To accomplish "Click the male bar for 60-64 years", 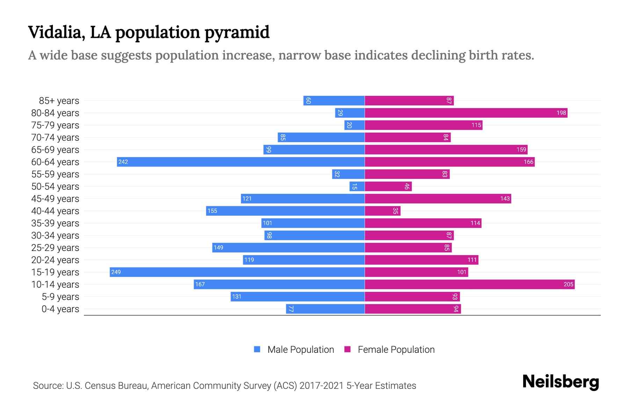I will pyautogui.click(x=241, y=162).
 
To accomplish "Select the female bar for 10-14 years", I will pyautogui.click(x=469, y=284).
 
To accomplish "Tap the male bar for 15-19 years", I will pyautogui.click(x=237, y=272).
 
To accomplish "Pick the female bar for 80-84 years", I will pyautogui.click(x=466, y=113).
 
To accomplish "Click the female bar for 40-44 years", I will pyautogui.click(x=382, y=211).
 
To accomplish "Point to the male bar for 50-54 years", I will pyautogui.click(x=357, y=186).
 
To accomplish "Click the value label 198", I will pyautogui.click(x=561, y=113).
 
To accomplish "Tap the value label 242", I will pyautogui.click(x=123, y=162).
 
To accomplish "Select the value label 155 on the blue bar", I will pyautogui.click(x=212, y=211).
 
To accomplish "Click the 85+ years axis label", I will pyautogui.click(x=59, y=101).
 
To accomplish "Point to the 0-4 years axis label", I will pyautogui.click(x=60, y=309).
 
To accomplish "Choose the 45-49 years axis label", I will pyautogui.click(x=55, y=199).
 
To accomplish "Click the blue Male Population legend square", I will pyautogui.click(x=257, y=349).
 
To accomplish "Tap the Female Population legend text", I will pyautogui.click(x=396, y=349).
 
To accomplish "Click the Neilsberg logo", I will pyautogui.click(x=561, y=382).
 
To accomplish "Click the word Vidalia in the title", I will pyautogui.click(x=56, y=32).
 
